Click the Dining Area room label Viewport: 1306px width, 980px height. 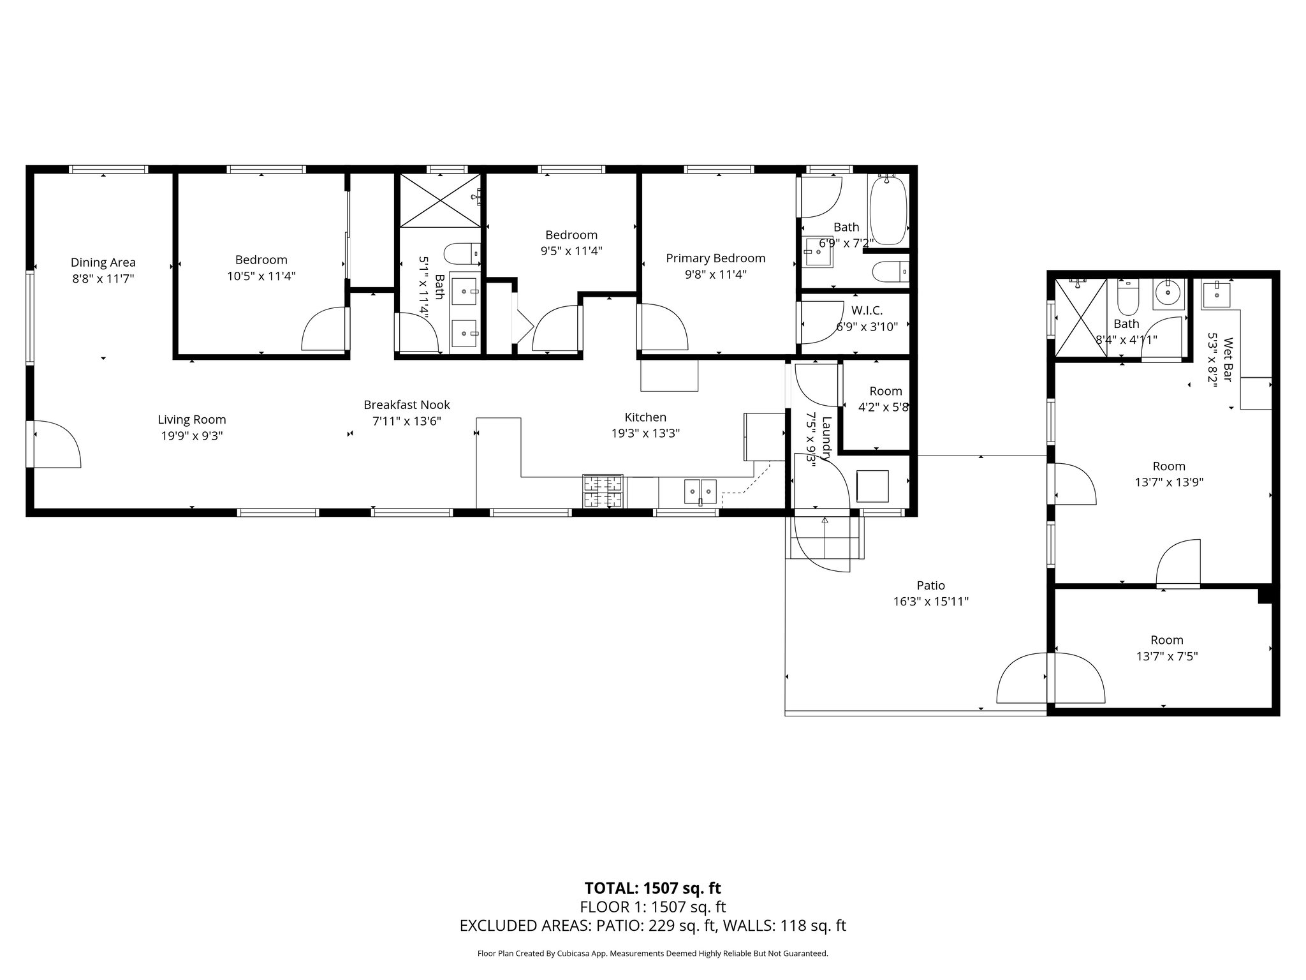coord(103,262)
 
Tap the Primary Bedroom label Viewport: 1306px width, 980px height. coord(715,258)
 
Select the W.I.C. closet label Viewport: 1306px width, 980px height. coord(867,311)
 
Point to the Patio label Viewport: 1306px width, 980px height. coord(931,585)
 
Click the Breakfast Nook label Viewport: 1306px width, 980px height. coord(407,405)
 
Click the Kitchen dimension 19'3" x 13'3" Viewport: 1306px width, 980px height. coord(645,433)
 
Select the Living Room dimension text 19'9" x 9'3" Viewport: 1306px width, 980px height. coord(192,436)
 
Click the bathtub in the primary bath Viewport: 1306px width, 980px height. coord(888,210)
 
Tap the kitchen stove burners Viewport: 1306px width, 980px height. coord(603,491)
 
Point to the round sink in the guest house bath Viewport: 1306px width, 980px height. coord(1168,294)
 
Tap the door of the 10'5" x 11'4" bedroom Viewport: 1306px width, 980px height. coord(325,329)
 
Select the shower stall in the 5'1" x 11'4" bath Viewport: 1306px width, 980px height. coord(440,200)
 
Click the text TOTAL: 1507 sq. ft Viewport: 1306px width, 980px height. coord(652,888)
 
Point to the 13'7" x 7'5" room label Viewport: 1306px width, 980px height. coord(1167,648)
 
